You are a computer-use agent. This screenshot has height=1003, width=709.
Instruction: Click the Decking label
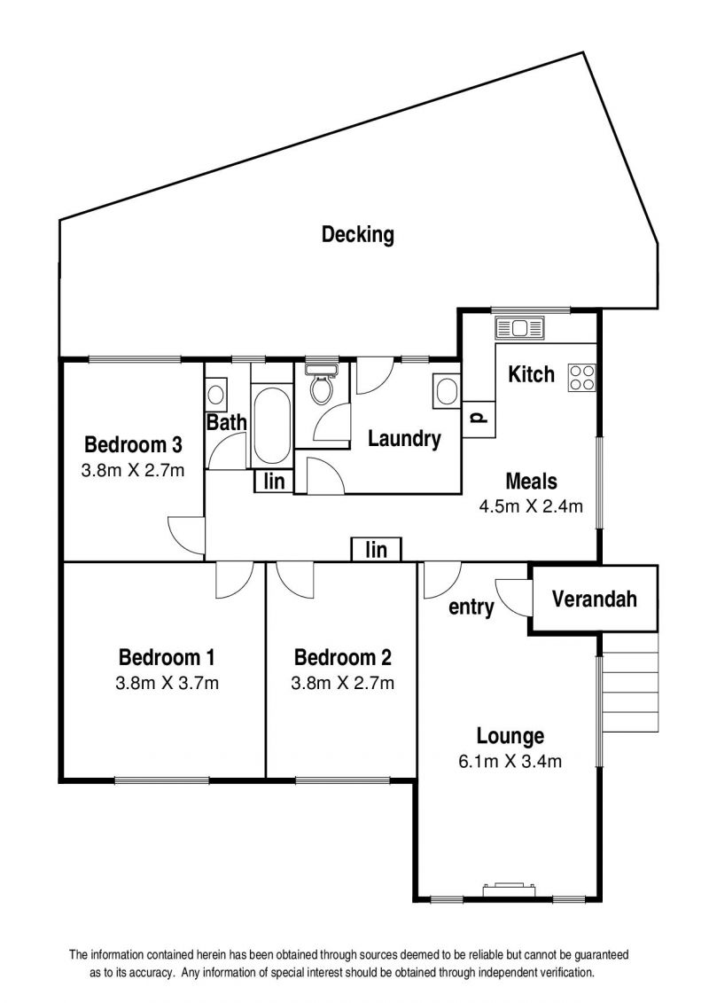357,235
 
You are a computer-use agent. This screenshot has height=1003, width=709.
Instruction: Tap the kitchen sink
519,328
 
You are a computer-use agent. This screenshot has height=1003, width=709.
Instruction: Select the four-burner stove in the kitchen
581,377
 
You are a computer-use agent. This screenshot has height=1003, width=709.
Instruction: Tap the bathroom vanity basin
215,392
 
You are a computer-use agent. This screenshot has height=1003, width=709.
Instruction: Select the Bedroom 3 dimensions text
133,470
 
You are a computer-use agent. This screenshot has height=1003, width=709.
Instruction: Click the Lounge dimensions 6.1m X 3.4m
510,761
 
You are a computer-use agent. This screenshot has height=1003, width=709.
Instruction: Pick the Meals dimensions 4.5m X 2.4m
531,506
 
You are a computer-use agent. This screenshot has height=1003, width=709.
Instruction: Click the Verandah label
594,599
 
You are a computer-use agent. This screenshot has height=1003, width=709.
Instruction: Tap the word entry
471,607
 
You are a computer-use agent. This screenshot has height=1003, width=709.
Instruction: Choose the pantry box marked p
479,419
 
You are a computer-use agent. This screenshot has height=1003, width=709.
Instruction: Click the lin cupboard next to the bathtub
274,481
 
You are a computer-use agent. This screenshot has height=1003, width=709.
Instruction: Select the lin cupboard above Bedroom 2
376,550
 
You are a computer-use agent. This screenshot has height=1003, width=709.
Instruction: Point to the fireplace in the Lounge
509,889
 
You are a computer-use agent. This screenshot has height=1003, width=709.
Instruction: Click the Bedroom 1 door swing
235,579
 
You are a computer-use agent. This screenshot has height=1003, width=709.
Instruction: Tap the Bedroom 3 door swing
187,536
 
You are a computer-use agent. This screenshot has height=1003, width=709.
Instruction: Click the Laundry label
404,439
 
